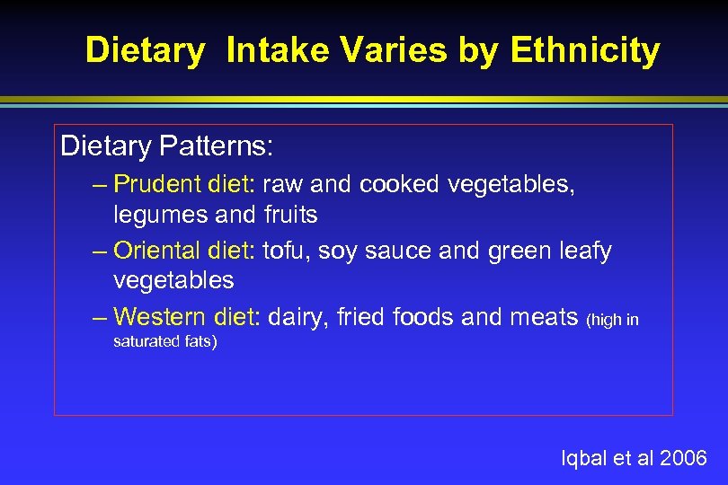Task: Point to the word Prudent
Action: click(157, 184)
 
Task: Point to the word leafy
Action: click(583, 251)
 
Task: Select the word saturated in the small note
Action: click(143, 341)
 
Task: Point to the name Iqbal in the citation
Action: click(583, 459)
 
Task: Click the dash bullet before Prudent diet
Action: click(99, 185)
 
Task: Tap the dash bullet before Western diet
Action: click(99, 317)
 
